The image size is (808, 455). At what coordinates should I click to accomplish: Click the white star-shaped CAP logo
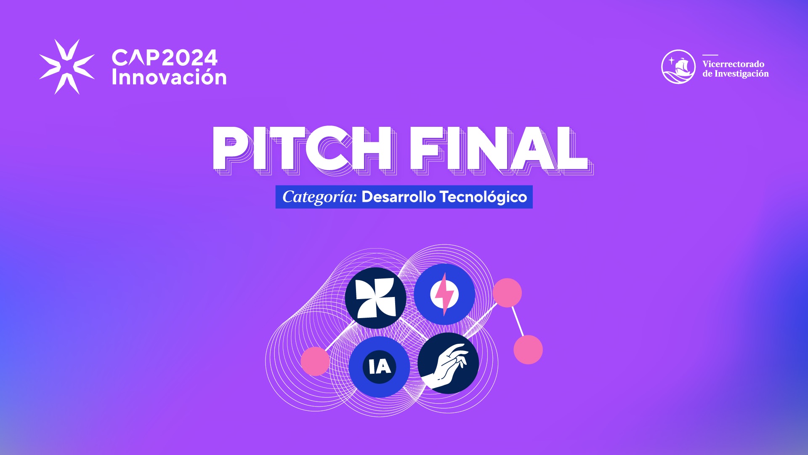point(67,67)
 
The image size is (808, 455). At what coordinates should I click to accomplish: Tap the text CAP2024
point(165,58)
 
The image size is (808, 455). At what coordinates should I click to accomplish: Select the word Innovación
point(169,77)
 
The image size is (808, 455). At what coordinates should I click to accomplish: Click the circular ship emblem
point(678,67)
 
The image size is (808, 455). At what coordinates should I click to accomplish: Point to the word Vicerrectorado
point(733,64)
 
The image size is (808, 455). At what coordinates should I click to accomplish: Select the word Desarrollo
point(399,197)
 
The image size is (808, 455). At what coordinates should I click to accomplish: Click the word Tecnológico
point(483,197)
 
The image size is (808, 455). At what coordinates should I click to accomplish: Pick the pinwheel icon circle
point(375,298)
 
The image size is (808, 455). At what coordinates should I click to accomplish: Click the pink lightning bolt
point(444,294)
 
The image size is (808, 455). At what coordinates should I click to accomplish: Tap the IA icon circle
point(379,367)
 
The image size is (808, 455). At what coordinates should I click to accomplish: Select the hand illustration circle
point(448,363)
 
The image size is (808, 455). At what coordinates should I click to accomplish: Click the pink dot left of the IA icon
point(315,361)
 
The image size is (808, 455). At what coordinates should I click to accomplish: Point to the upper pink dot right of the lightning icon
point(507,293)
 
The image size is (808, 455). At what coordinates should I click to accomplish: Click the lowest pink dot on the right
point(528,350)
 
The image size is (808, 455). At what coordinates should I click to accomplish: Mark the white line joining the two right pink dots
point(518,321)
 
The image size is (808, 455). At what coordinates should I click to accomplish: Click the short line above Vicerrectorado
point(710,55)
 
